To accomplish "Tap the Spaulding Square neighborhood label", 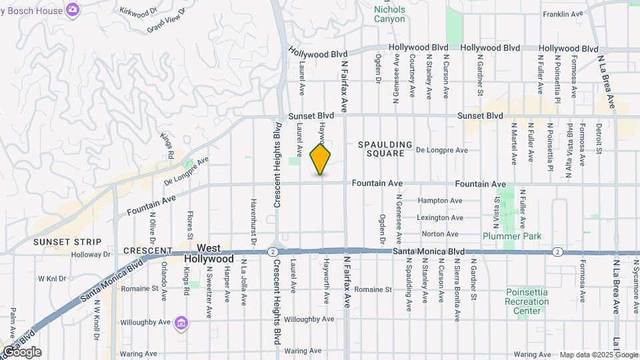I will coord(381,149).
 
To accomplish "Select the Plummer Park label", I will coord(512,236).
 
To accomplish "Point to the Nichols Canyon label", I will coord(389,14).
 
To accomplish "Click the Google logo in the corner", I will coord(21,351).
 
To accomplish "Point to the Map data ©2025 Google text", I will coord(598,355).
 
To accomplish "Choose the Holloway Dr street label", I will coord(92,254).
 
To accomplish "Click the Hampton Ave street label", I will coord(439,201).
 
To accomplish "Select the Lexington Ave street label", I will coord(439,218).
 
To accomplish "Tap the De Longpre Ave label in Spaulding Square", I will coord(441,151).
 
